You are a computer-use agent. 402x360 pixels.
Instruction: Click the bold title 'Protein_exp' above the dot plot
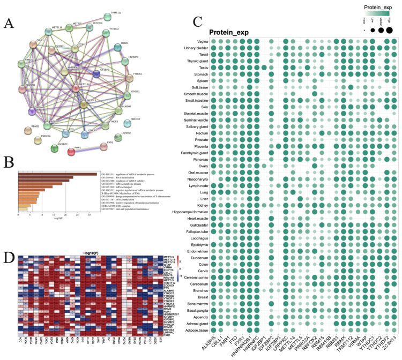[232, 32]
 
